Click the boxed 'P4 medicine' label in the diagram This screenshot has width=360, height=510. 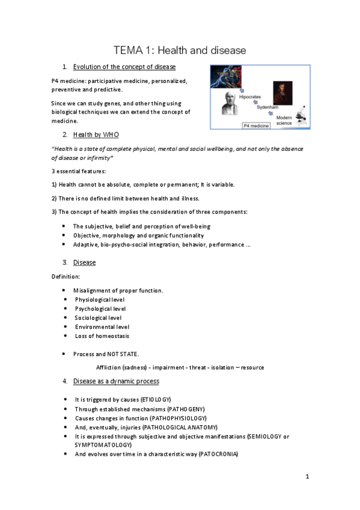[x=257, y=126]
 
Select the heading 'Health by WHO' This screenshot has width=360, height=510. [x=100, y=134]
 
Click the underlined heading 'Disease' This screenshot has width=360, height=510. [x=84, y=263]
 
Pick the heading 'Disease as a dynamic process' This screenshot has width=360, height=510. [x=116, y=381]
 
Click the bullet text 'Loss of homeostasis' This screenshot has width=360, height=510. [x=101, y=336]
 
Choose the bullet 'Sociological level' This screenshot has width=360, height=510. [x=98, y=318]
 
